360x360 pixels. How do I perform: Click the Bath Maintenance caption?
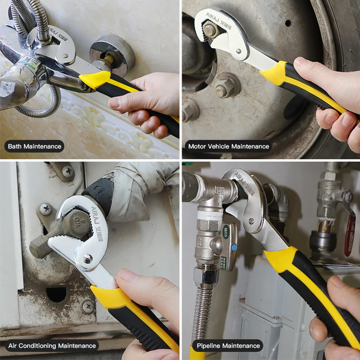(x=34, y=146)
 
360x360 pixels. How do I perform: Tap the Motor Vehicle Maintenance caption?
(x=229, y=146)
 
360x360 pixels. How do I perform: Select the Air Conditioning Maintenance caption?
(x=52, y=346)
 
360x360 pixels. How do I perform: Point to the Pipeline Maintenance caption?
(x=228, y=346)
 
